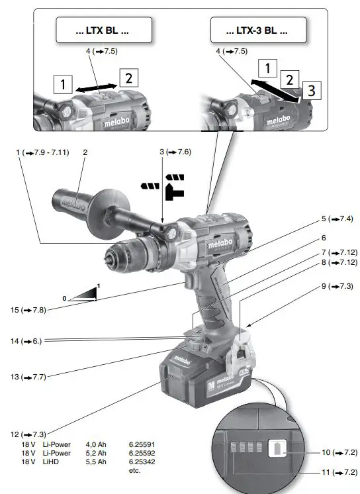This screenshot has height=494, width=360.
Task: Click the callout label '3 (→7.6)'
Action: pyautogui.click(x=175, y=152)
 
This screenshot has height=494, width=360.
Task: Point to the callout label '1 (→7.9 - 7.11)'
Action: pyautogui.click(x=45, y=152)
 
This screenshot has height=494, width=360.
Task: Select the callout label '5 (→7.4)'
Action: pyautogui.click(x=336, y=219)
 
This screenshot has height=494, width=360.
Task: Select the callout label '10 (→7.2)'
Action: pyautogui.click(x=339, y=452)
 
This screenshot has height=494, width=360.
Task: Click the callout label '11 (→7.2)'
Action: pyautogui.click(x=339, y=473)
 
